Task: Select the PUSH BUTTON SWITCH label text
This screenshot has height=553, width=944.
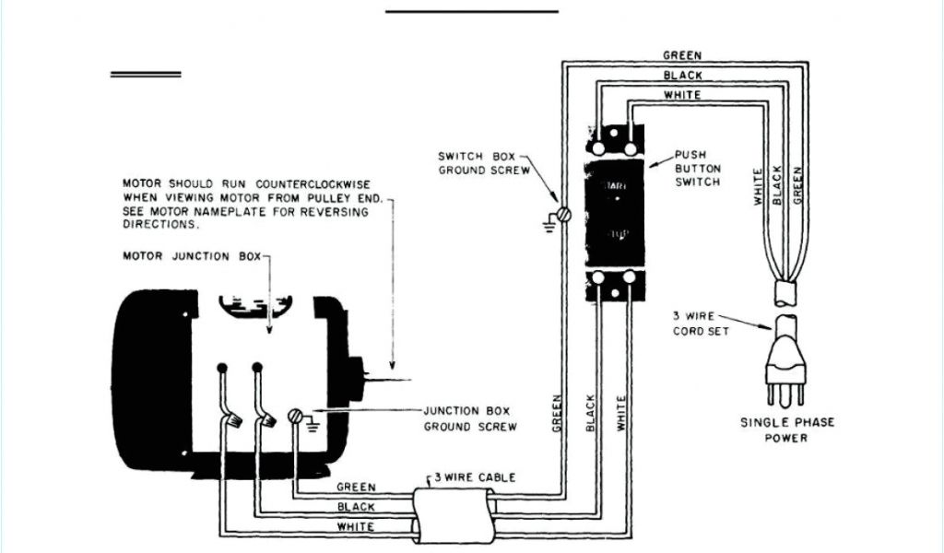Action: (697, 169)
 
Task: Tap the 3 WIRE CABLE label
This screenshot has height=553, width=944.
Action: (475, 477)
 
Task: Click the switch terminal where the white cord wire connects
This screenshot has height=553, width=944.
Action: (631, 147)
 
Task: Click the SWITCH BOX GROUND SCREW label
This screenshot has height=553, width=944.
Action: (482, 163)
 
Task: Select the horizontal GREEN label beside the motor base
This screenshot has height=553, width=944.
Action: (355, 487)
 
